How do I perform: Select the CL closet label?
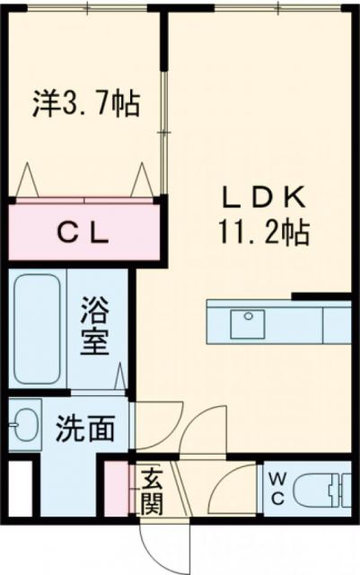point(84,234)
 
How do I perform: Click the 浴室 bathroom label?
point(96,327)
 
